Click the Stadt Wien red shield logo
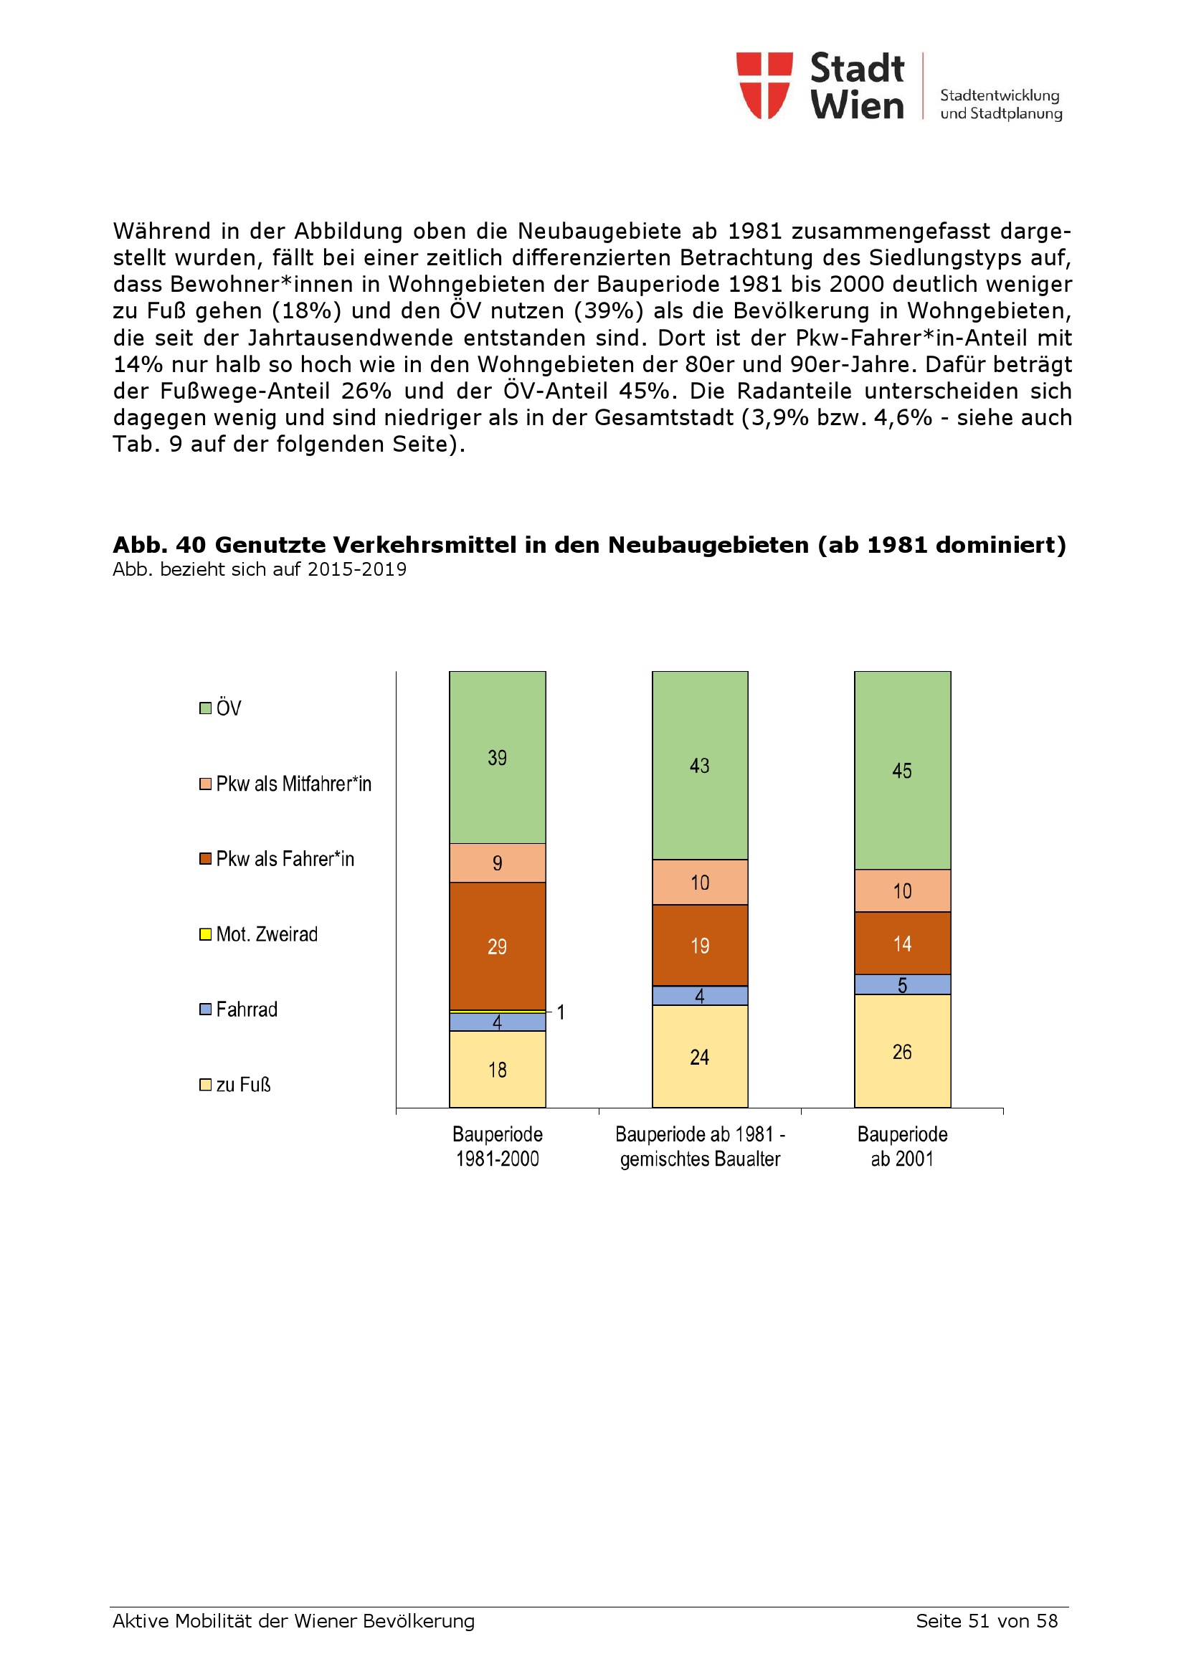point(764,85)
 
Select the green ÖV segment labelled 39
point(498,757)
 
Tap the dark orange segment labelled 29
point(498,946)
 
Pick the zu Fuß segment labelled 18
point(498,1069)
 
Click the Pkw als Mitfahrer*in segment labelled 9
point(498,863)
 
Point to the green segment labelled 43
point(700,765)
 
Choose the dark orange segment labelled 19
point(700,945)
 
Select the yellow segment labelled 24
point(700,1057)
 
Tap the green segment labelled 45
point(902,770)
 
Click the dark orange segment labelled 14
point(902,943)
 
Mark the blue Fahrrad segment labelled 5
point(902,984)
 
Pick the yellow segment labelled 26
point(902,1051)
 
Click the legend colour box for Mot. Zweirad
point(205,934)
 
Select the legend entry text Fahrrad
point(247,1009)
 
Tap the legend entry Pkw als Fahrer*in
point(285,859)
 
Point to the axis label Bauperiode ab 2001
point(902,1146)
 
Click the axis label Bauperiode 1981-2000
point(498,1146)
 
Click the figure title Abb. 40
point(589,545)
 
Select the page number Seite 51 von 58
point(986,1621)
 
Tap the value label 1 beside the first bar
point(561,1012)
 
